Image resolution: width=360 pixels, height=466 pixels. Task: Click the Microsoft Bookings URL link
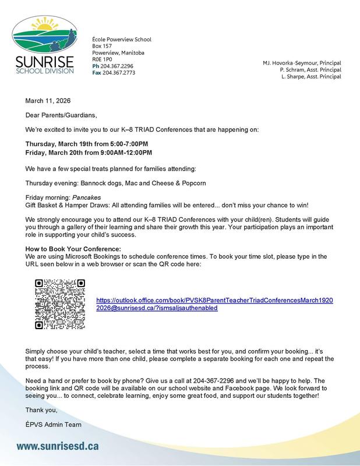pos(214,303)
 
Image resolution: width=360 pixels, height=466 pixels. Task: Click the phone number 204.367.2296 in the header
pos(117,66)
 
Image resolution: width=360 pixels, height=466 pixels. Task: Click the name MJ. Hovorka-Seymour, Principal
pos(302,62)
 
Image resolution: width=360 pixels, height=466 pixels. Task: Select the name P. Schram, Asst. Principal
pos(310,69)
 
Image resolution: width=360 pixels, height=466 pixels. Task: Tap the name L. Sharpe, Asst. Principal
pos(310,76)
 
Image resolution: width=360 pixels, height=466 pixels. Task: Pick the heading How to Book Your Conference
pos(73,249)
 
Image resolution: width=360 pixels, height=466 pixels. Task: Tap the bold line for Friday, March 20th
pos(88,153)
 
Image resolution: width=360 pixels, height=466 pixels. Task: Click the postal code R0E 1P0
pos(103,59)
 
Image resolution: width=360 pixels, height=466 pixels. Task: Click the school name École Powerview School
pos(122,40)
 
